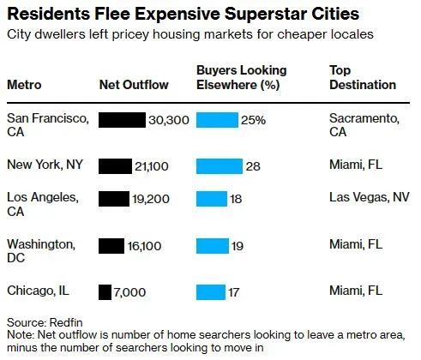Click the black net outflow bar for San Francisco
coord(122,120)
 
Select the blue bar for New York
coord(220,166)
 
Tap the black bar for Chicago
coord(105,292)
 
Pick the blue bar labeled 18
coord(212,199)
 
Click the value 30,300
coord(169,120)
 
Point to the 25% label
coord(253,120)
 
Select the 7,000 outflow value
coord(129,292)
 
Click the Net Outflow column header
coord(134,85)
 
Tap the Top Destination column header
coord(363,77)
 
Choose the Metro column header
coord(24,85)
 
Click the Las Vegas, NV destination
coord(370,197)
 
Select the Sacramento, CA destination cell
coord(364,125)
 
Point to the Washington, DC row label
coord(41,251)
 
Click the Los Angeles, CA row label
coord(43,204)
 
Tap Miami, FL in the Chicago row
coord(356,291)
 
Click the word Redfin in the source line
coord(66,322)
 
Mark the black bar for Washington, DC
coord(111,246)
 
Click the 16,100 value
coord(144,246)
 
